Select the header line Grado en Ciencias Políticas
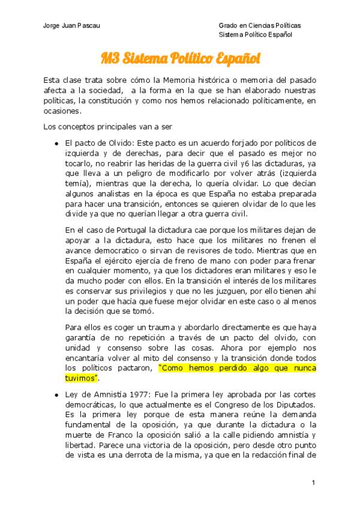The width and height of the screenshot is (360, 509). click(x=260, y=26)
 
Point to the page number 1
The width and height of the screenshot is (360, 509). click(x=313, y=483)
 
